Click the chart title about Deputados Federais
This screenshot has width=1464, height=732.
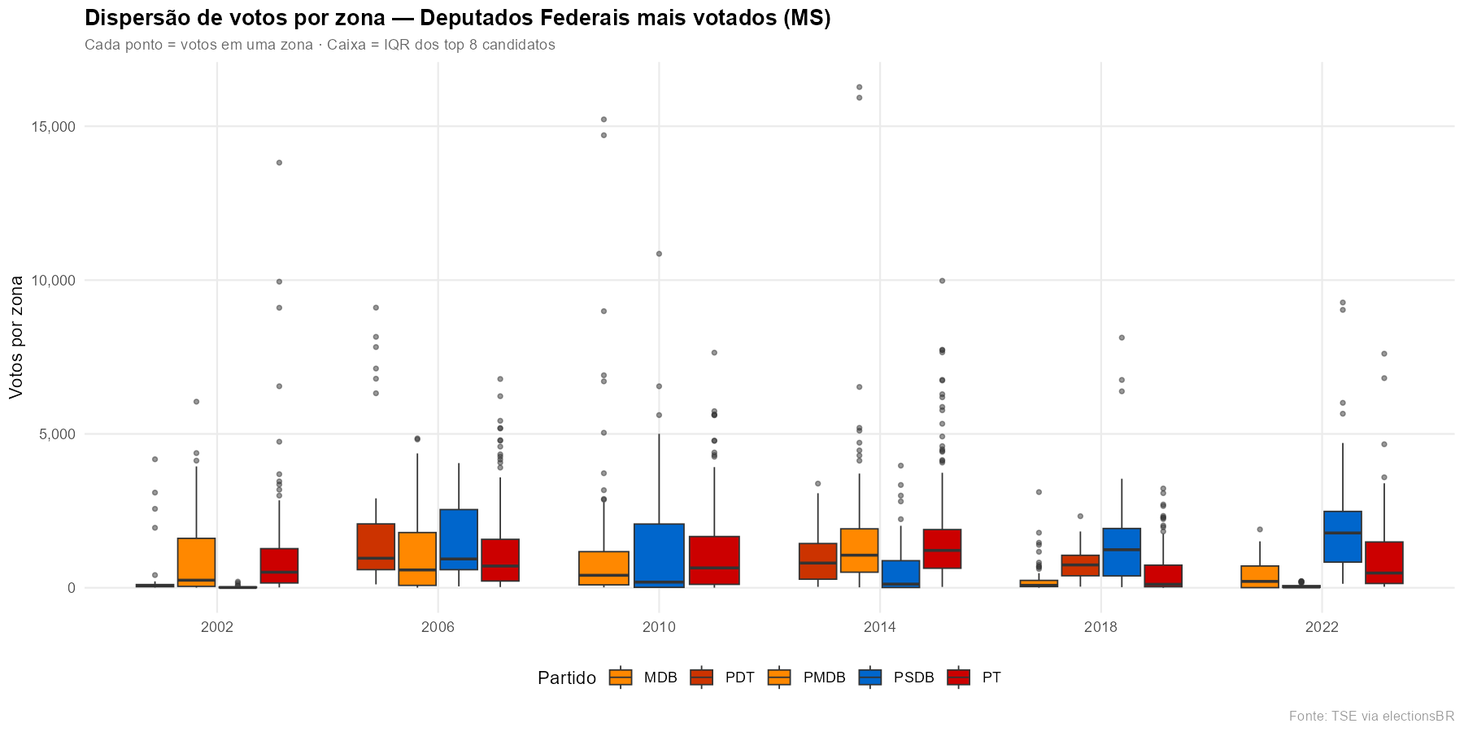click(457, 19)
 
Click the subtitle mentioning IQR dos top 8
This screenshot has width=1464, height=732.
click(320, 45)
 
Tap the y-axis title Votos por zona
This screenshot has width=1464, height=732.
click(17, 337)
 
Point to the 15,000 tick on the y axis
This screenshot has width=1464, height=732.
click(53, 127)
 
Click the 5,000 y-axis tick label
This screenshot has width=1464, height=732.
click(56, 434)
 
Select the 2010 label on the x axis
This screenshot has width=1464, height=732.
click(659, 627)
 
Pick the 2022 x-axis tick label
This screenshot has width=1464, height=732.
click(1322, 627)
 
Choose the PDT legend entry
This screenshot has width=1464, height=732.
click(723, 678)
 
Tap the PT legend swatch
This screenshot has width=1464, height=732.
click(959, 678)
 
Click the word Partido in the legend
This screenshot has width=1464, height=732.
click(567, 678)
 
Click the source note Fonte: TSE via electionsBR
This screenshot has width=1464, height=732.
click(1371, 717)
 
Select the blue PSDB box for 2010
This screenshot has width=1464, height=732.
click(659, 556)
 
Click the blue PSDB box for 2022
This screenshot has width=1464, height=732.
click(1342, 537)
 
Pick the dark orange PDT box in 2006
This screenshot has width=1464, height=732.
click(376, 547)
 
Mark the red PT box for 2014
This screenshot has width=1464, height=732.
click(942, 549)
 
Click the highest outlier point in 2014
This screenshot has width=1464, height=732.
click(859, 87)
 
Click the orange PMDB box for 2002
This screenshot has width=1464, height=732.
click(196, 562)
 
